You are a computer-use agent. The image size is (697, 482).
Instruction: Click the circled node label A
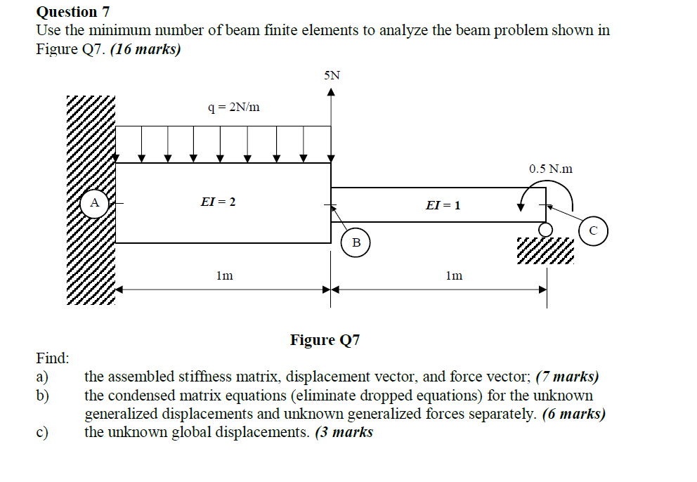94,203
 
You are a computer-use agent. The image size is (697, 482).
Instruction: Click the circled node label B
356,243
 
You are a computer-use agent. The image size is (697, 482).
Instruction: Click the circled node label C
593,230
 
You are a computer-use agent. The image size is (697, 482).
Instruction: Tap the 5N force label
332,75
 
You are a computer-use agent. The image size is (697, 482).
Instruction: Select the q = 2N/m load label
234,108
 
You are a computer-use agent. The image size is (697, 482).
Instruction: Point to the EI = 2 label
218,202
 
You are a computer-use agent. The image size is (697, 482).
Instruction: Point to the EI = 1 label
443,205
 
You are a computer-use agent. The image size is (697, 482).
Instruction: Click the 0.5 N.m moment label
551,169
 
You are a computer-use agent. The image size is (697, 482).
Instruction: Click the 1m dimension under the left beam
224,275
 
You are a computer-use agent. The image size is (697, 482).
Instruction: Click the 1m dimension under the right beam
454,275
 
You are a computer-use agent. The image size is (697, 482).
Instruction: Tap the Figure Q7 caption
325,341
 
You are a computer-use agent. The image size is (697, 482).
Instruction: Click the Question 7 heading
67,12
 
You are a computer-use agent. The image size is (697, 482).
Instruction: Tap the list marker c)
43,432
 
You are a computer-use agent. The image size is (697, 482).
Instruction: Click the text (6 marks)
573,414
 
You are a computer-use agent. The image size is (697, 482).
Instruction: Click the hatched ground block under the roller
545,250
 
